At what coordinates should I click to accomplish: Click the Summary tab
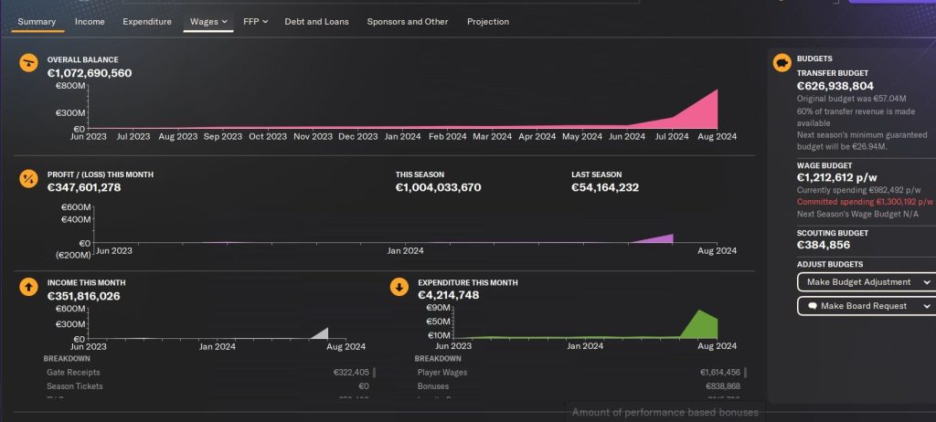pyautogui.click(x=37, y=21)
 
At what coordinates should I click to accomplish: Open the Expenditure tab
pyautogui.click(x=146, y=21)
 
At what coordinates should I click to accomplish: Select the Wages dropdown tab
pyautogui.click(x=208, y=21)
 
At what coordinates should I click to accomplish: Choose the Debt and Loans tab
pyautogui.click(x=316, y=21)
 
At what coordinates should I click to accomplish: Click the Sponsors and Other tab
pyautogui.click(x=407, y=21)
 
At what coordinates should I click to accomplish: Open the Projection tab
pyautogui.click(x=488, y=21)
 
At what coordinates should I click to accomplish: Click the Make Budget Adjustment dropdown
pyautogui.click(x=865, y=282)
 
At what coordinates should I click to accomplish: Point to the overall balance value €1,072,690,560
pyautogui.click(x=90, y=73)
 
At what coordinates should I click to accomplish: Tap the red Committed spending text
pyautogui.click(x=865, y=201)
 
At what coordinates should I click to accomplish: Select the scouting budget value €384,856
pyautogui.click(x=824, y=245)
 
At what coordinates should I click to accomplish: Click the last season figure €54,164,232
pyautogui.click(x=605, y=187)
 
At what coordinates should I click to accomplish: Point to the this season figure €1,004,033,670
pyautogui.click(x=438, y=187)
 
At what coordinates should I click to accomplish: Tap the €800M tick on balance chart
pyautogui.click(x=71, y=86)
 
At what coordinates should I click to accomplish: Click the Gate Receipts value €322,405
pyautogui.click(x=351, y=372)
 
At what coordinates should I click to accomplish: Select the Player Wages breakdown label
pyautogui.click(x=442, y=372)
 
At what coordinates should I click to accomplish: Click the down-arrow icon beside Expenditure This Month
pyautogui.click(x=399, y=287)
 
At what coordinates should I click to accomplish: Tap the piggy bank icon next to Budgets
pyautogui.click(x=782, y=62)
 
